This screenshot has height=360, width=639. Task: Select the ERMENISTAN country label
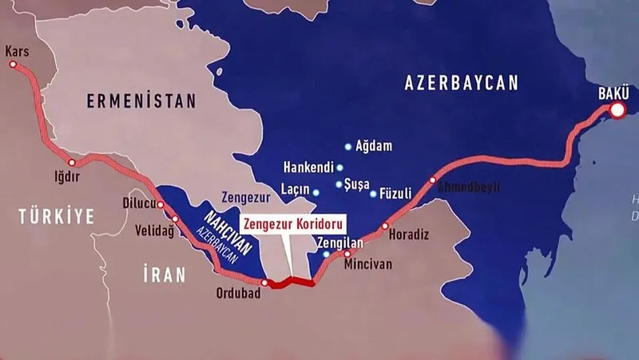coord(141,101)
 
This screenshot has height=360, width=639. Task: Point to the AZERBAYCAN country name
coord(462,82)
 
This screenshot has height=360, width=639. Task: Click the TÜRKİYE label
coord(57,215)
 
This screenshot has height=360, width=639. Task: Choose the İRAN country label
coord(164,275)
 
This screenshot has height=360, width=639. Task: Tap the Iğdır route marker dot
coord(72,162)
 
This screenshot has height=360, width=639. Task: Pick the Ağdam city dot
coord(347,147)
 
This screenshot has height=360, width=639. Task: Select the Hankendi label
coord(308,168)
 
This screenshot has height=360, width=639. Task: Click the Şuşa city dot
coord(339,184)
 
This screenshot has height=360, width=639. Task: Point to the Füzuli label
coord(396,193)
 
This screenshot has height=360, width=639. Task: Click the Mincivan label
coord(368,263)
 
